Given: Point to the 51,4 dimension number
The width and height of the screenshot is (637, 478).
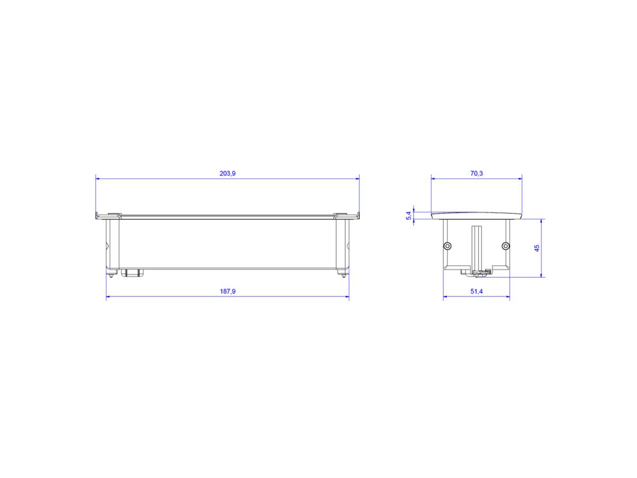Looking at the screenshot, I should [476, 292].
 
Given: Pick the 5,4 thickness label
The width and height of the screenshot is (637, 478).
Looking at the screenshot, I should [408, 216].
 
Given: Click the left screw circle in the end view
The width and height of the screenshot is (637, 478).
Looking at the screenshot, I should [447, 245].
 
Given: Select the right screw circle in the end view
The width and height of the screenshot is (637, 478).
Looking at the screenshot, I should [505, 245].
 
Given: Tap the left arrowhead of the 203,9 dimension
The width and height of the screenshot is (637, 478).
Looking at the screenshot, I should [98, 179].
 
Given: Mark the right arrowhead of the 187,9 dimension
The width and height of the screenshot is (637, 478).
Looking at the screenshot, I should [347, 297].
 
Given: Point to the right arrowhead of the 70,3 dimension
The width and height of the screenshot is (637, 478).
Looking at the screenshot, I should [520, 179].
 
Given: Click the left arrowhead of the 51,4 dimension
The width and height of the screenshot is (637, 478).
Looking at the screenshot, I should [446, 297].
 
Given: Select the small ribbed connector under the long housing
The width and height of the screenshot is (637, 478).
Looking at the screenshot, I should [132, 273].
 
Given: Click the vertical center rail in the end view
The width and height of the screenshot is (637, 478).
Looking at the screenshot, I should [476, 247].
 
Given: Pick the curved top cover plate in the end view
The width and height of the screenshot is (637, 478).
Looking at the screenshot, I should [476, 215].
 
